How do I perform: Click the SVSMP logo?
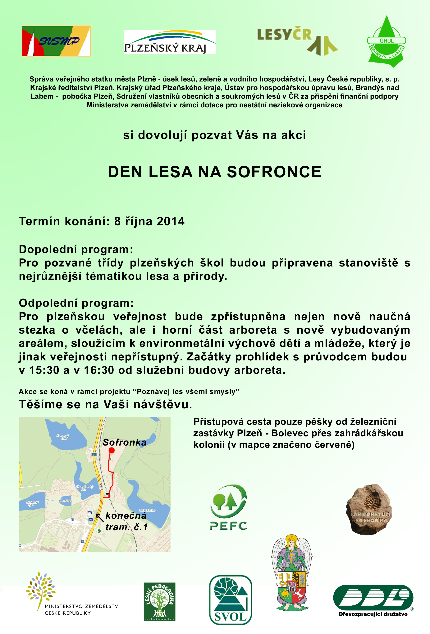coord(56,41)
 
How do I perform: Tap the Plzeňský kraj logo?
coord(170,42)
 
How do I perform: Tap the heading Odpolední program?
coord(76,303)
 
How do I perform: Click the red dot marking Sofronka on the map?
coord(112,450)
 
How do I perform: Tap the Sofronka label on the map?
coord(124,442)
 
